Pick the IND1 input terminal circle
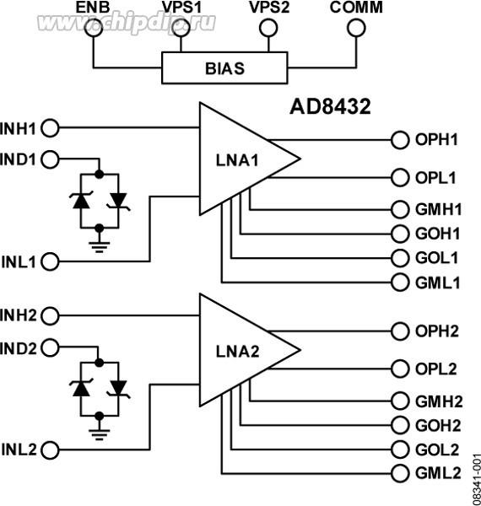pyautogui.click(x=51, y=158)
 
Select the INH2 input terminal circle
pyautogui.click(x=51, y=315)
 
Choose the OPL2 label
pyautogui.click(x=436, y=369)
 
